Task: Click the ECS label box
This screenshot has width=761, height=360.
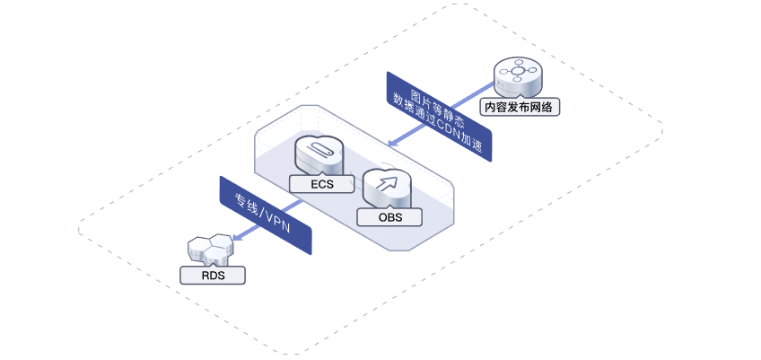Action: coord(322,184)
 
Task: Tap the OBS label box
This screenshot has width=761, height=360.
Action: coord(389,217)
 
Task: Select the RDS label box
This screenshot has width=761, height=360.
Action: coord(213,276)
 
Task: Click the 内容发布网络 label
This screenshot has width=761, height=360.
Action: coord(520,107)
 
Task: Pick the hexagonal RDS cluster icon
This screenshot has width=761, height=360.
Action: coord(210,249)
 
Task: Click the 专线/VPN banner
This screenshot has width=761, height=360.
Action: coord(265,215)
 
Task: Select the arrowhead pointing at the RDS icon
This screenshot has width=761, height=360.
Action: coord(238,237)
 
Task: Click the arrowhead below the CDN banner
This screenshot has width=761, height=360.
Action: coord(393,143)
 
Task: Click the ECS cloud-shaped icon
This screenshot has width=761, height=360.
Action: coord(319,154)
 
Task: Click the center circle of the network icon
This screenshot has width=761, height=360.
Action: coord(519,72)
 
